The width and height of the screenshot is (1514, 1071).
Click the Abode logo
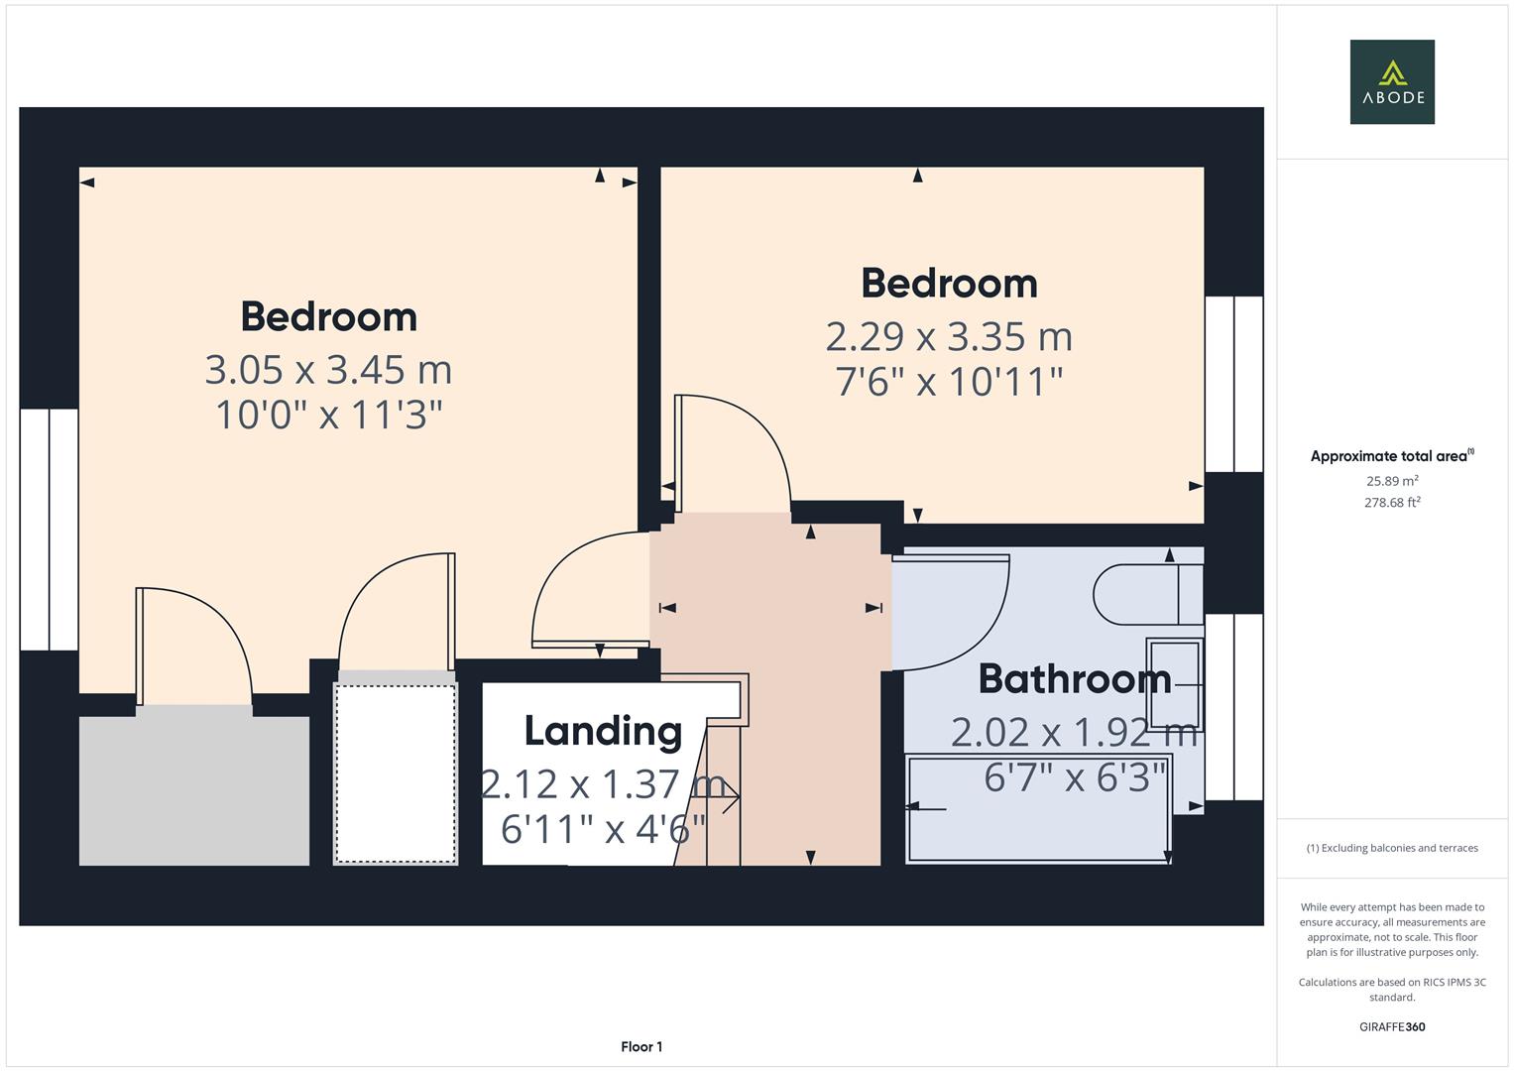pyautogui.click(x=1391, y=81)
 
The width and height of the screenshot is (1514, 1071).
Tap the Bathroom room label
pyautogui.click(x=1074, y=679)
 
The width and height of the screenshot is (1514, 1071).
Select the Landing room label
pyautogui.click(x=603, y=731)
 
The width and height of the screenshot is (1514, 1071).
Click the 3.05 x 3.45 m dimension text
pyautogui.click(x=328, y=370)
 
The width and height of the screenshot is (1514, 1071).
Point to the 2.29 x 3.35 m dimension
pyautogui.click(x=949, y=337)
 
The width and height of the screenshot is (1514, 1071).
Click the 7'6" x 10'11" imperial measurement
pyautogui.click(x=949, y=382)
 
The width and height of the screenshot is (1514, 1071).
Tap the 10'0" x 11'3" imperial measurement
pyautogui.click(x=328, y=415)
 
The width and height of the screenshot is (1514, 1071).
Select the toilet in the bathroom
pyautogui.click(x=1145, y=594)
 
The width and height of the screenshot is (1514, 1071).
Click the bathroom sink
pyautogui.click(x=1174, y=684)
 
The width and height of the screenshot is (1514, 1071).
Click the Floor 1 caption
pyautogui.click(x=641, y=1046)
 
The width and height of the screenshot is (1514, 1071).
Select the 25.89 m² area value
pyautogui.click(x=1391, y=481)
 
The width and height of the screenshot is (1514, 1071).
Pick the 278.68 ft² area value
pyautogui.click(x=1391, y=503)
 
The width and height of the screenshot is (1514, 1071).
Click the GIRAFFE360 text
pyautogui.click(x=1391, y=1026)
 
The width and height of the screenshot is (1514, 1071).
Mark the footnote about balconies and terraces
pyautogui.click(x=1391, y=848)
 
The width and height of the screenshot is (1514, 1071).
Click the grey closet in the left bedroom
pyautogui.click(x=194, y=788)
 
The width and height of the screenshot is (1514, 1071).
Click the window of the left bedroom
pyautogui.click(x=49, y=530)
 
